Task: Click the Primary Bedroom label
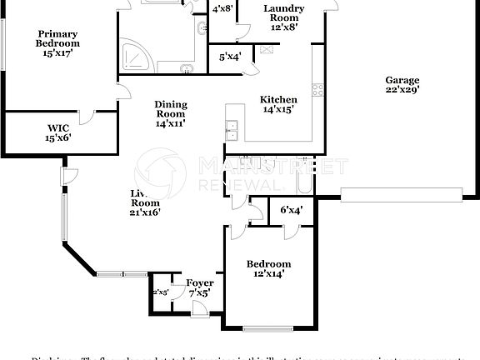pyautogui.click(x=57, y=42)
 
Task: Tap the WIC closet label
pyautogui.click(x=58, y=132)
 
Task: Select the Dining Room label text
pyautogui.click(x=170, y=113)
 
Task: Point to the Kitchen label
pyautogui.click(x=277, y=103)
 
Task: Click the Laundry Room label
pyautogui.click(x=283, y=17)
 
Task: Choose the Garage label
pyautogui.click(x=402, y=85)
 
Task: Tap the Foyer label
pyautogui.click(x=200, y=288)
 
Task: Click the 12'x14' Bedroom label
pyautogui.click(x=268, y=268)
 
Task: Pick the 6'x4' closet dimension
pyautogui.click(x=290, y=210)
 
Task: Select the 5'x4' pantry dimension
pyautogui.click(x=230, y=57)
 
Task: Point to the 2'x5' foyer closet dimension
pyautogui.click(x=159, y=292)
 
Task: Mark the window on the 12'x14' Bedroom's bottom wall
pyautogui.click(x=267, y=327)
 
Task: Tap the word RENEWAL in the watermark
pyautogui.click(x=237, y=184)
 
